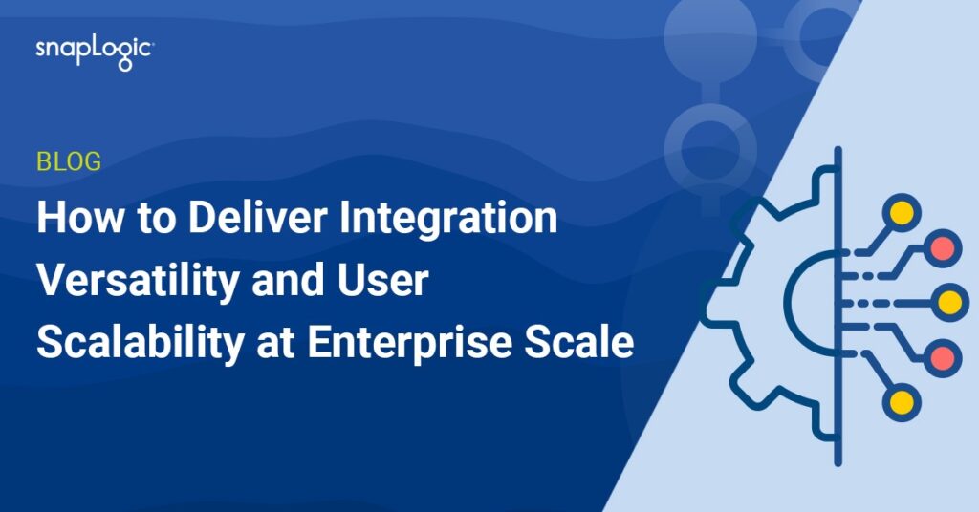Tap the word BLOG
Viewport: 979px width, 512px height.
click(x=69, y=162)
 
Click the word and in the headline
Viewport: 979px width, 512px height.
click(x=288, y=280)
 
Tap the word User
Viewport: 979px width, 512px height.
click(x=383, y=281)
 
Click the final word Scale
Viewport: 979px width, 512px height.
click(x=579, y=342)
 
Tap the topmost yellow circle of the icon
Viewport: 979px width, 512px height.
click(x=901, y=213)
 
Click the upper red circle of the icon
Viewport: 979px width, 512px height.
click(x=942, y=248)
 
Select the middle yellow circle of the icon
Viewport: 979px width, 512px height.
click(x=949, y=303)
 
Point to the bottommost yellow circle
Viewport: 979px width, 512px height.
click(x=902, y=402)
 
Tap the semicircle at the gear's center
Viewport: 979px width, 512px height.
click(x=789, y=304)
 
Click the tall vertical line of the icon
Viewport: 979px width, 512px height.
click(x=838, y=307)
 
